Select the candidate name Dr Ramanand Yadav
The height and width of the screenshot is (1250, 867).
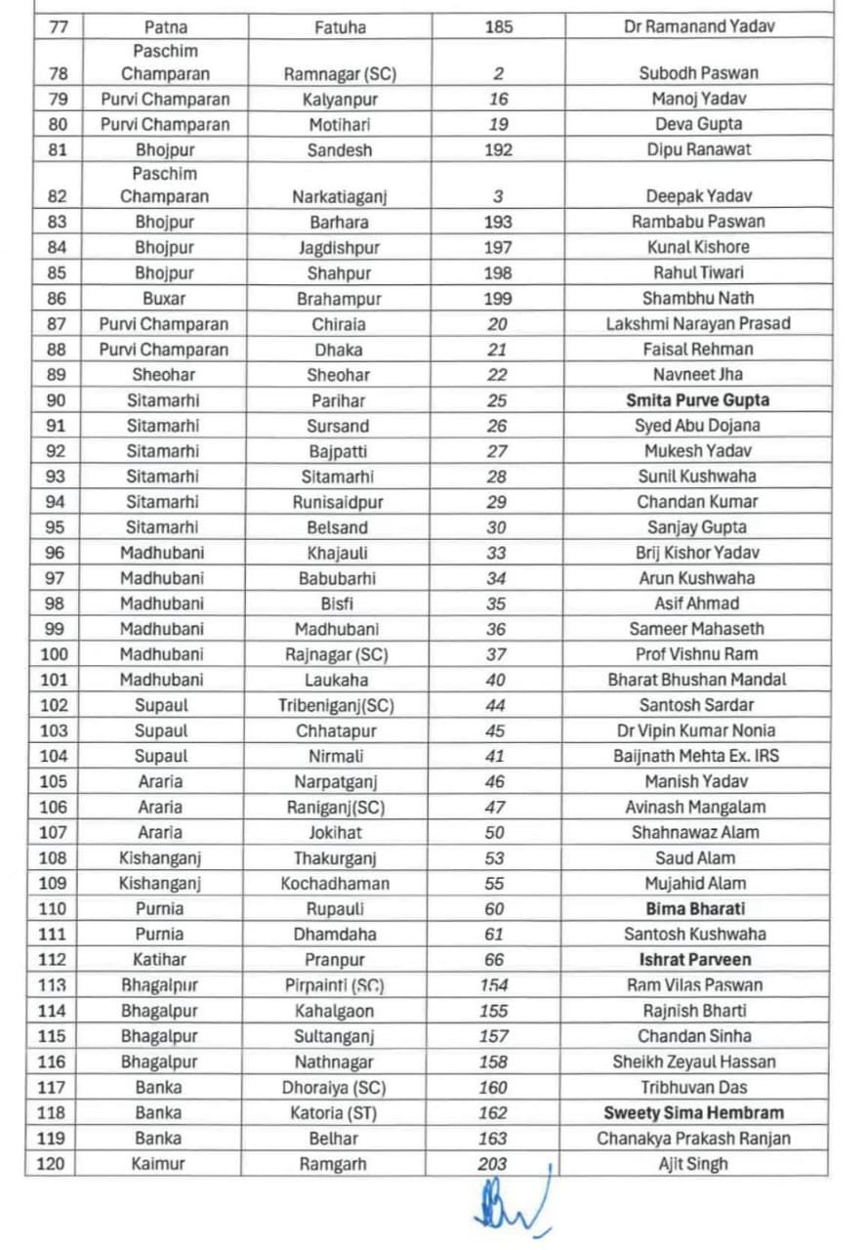click(x=698, y=27)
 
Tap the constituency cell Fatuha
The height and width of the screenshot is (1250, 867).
click(x=339, y=27)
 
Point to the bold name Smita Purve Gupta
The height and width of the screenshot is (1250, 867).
click(x=698, y=400)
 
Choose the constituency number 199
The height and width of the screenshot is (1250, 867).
click(x=498, y=299)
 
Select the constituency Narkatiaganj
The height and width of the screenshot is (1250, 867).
click(x=339, y=196)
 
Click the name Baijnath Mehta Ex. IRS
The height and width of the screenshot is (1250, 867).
click(x=696, y=756)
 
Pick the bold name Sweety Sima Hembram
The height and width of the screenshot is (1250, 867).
click(x=693, y=1113)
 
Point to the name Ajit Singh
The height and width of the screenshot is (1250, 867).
click(x=693, y=1164)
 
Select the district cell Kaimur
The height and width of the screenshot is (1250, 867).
click(x=158, y=1164)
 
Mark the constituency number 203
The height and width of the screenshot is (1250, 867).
click(x=493, y=1164)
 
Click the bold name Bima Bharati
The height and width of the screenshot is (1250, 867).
click(x=696, y=909)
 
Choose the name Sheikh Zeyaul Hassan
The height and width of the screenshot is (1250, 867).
click(x=694, y=1062)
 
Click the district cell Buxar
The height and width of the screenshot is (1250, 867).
click(x=163, y=299)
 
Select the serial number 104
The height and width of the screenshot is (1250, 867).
click(x=57, y=756)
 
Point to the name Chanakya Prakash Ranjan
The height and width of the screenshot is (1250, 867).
click(x=693, y=1139)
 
